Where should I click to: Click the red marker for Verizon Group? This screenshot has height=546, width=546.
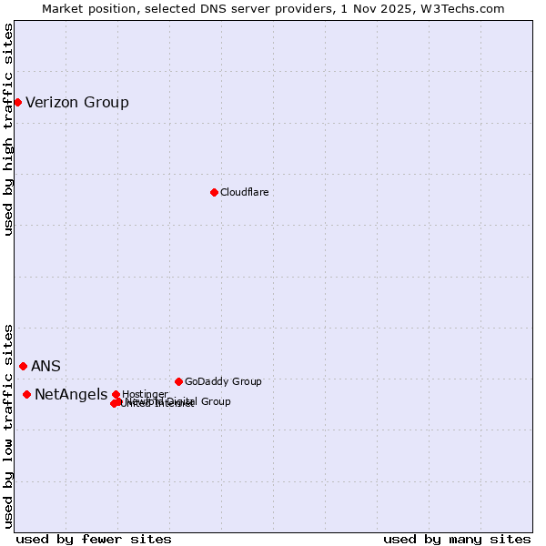pos(17,102)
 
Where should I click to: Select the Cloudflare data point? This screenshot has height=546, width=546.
pos(214,192)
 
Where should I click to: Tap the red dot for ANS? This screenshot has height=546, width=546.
pos(23,366)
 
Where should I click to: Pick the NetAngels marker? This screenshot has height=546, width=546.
pos(26,394)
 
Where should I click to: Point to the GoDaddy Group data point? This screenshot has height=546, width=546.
pos(178,381)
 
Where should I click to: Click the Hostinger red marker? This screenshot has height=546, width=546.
pos(116,394)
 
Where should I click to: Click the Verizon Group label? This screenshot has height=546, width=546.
pos(77,102)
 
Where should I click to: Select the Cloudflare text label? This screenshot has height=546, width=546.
pos(245,192)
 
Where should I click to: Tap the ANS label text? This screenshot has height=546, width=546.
pos(45,366)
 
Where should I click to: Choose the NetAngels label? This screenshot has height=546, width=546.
pos(71,394)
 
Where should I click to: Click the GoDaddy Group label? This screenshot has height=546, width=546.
pos(223,381)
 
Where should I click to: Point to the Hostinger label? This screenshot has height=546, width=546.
pos(145,394)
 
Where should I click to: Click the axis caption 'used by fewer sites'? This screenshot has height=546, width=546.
pos(94,539)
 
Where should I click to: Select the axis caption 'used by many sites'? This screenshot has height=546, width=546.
pos(457,539)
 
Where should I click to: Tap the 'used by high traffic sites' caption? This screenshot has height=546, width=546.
pos(9,129)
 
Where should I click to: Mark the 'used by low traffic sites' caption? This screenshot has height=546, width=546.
pos(9,425)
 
